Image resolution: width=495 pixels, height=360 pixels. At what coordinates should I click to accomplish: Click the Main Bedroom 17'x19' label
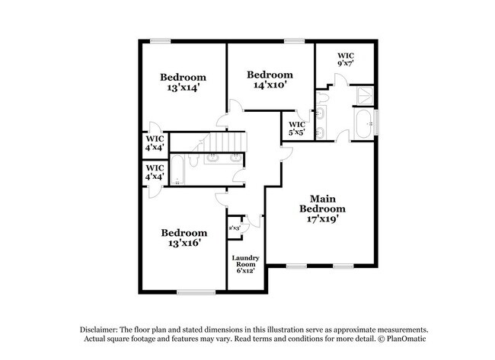tap(322, 209)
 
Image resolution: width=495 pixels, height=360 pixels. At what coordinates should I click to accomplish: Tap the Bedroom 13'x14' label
tap(183, 83)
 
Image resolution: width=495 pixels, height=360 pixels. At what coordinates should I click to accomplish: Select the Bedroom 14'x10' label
tap(270, 80)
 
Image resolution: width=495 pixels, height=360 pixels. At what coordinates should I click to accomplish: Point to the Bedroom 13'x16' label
tap(183, 237)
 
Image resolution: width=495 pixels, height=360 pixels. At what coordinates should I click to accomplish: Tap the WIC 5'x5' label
tap(297, 129)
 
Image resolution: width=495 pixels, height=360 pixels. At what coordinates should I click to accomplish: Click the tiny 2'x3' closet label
tap(235, 228)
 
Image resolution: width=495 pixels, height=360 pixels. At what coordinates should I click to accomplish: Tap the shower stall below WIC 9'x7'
tap(366, 94)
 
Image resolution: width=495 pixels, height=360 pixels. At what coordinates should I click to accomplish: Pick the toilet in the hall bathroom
tap(195, 162)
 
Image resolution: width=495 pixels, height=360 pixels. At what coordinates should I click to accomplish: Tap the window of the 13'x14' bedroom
tap(159, 40)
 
